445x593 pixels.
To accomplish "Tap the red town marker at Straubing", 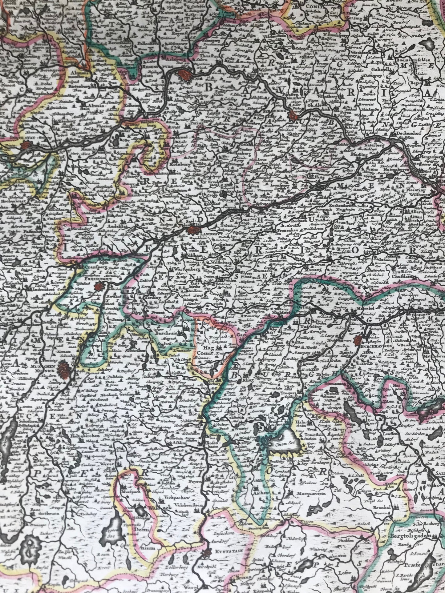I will pos(293,116).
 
